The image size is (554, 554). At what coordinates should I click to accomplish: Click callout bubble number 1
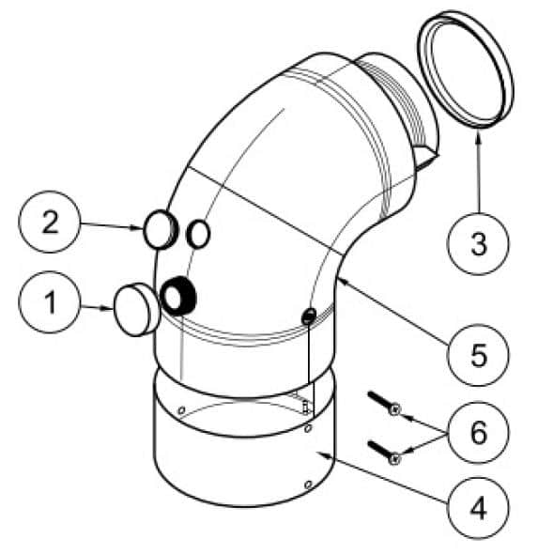click(x=50, y=302)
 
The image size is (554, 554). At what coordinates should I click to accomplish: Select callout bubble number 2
click(x=50, y=222)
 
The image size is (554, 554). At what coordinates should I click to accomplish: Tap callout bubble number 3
click(x=478, y=244)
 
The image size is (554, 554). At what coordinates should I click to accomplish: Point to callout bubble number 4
click(x=478, y=508)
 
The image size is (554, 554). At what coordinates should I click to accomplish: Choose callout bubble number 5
click(x=478, y=355)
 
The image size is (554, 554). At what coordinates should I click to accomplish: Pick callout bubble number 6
click(x=478, y=433)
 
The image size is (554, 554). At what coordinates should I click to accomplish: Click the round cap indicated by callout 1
click(x=136, y=310)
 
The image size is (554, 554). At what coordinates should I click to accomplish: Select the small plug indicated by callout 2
click(x=160, y=230)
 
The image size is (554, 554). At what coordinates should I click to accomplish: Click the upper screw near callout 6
click(x=384, y=403)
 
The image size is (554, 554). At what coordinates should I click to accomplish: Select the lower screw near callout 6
click(x=384, y=453)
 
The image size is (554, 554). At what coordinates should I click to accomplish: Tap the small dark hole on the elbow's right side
click(x=308, y=315)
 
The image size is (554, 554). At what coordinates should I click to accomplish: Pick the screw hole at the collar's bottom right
click(x=308, y=484)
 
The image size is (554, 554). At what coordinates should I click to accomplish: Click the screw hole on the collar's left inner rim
click(x=181, y=410)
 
